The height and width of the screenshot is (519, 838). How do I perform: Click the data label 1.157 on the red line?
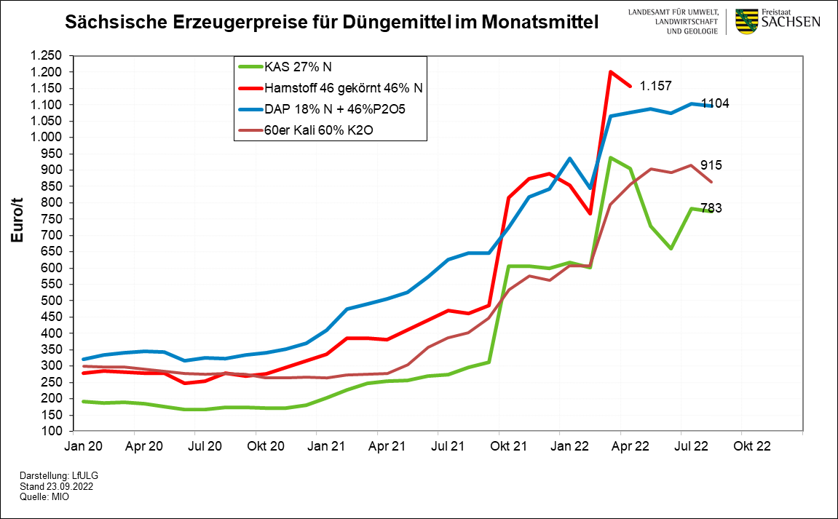tap(657, 87)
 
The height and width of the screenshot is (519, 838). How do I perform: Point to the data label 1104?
tap(715, 103)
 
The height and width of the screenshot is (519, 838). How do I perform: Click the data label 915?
tap(711, 165)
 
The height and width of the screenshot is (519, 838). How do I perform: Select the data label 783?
tap(711, 209)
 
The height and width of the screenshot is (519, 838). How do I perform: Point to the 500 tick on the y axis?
tap(55, 301)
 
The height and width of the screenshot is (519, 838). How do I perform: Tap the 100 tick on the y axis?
tap(55, 432)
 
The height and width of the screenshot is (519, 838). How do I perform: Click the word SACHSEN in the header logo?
tap(791, 23)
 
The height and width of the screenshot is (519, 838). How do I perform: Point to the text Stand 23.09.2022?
tap(57, 486)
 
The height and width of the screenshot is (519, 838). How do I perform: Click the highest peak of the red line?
tap(611, 71)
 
